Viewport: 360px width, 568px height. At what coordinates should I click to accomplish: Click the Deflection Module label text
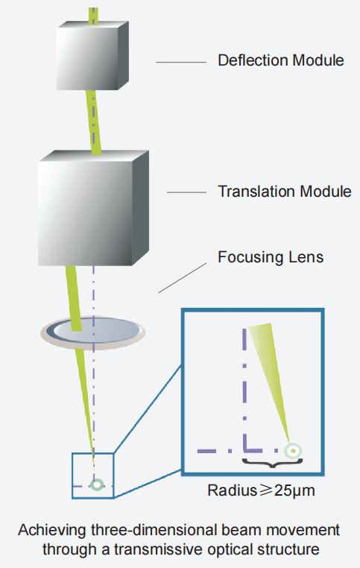pos(281,60)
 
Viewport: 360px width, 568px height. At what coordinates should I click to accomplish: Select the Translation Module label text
pos(285,192)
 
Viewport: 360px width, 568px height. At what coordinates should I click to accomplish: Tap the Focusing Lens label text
pos(271,257)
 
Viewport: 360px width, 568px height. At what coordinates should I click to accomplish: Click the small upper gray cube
pos(92,56)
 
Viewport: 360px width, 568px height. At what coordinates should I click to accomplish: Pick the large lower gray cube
pos(93,208)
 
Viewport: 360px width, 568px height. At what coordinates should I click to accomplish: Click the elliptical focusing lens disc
pos(93,332)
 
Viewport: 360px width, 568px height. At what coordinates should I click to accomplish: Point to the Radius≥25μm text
pos(261,490)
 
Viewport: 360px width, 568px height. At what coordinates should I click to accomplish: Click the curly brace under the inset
pos(272,463)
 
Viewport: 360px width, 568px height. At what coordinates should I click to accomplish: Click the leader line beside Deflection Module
pos(181,63)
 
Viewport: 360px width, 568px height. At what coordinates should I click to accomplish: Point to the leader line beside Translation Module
pos(186,192)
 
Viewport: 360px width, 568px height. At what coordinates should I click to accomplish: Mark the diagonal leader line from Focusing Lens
pos(183,278)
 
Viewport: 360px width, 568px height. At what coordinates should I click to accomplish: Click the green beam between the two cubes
pos(93,122)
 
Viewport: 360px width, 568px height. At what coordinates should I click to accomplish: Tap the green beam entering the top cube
pos(93,16)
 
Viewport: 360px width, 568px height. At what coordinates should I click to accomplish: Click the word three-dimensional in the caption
pos(154,530)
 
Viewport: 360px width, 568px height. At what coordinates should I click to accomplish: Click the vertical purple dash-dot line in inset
pos(244,389)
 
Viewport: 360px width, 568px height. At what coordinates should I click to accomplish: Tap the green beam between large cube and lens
pos(74,298)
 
